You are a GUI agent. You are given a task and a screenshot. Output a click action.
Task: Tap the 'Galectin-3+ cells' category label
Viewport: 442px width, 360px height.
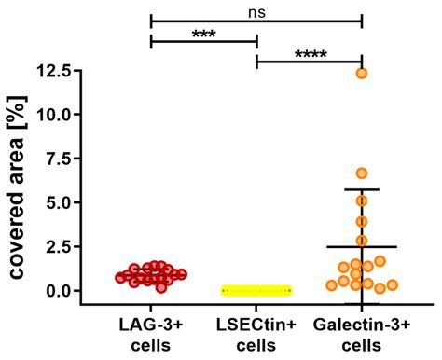(362, 334)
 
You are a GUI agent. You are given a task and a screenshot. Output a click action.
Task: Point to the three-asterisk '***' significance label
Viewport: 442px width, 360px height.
(203, 34)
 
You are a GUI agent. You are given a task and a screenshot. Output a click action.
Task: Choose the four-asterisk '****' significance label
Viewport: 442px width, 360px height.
(310, 54)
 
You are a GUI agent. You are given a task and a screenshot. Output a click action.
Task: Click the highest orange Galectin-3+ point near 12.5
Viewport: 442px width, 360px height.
(362, 73)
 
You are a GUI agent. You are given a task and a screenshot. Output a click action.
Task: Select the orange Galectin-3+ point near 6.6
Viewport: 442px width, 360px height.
(362, 173)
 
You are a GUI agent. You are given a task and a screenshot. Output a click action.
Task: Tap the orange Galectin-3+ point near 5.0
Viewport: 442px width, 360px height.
(362, 201)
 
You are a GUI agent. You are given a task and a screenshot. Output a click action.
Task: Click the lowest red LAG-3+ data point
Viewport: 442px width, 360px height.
(161, 287)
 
